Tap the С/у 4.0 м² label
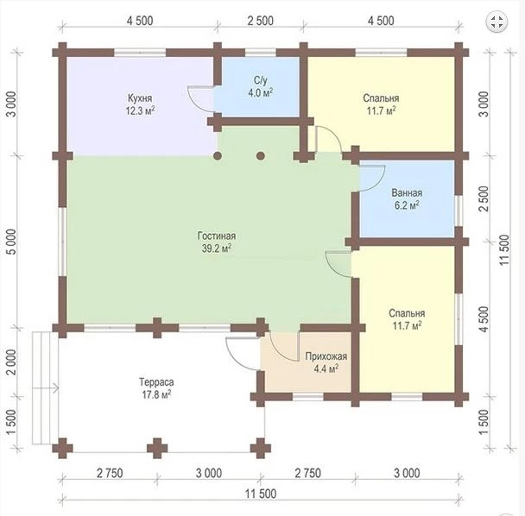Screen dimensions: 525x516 [x=260, y=86]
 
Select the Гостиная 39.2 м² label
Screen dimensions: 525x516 [x=217, y=242]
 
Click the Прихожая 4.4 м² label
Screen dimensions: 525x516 [x=326, y=362]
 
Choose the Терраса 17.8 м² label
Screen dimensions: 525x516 [x=156, y=388]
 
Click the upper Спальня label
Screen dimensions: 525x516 [x=381, y=98]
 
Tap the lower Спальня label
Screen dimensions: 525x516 [x=407, y=313]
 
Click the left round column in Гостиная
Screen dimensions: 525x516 [x=218, y=156]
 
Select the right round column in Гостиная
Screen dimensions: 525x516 [x=261, y=156]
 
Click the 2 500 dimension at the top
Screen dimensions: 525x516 [x=261, y=21]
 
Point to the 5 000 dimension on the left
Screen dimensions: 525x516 [x=11, y=242]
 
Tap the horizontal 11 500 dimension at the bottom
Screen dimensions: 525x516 [x=261, y=494]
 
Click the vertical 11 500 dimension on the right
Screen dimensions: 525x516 [x=504, y=250]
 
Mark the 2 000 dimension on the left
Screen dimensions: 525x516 [x=11, y=362]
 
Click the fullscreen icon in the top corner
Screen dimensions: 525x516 [x=497, y=22]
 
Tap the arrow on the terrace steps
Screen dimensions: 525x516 [x=46, y=388]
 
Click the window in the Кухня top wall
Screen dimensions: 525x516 [x=140, y=53]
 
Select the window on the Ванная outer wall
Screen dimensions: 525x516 [x=459, y=211]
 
